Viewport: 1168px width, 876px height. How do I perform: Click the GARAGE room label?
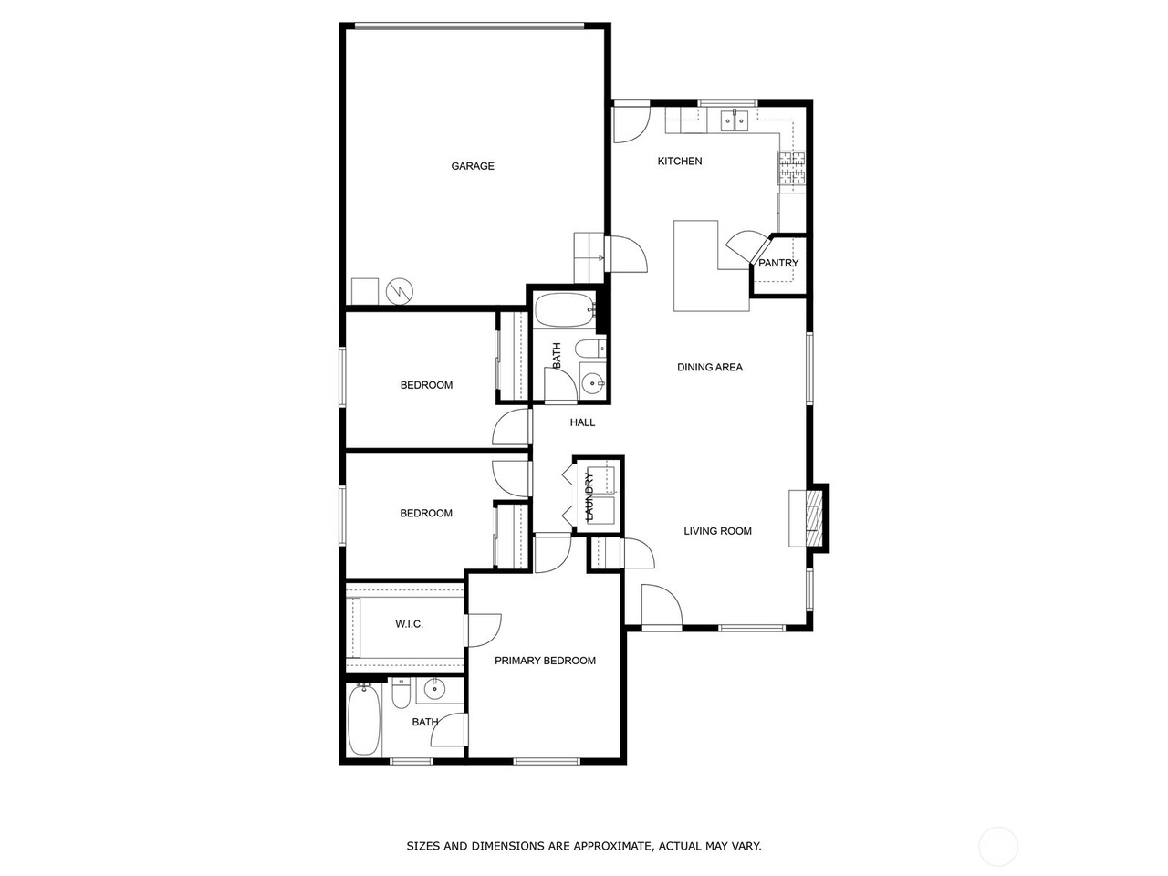(x=473, y=166)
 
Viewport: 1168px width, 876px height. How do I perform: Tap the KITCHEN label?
(x=680, y=162)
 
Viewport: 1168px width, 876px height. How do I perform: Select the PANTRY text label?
(x=778, y=264)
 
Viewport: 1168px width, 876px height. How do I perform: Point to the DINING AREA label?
(x=710, y=368)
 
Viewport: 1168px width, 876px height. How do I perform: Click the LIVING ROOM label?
(x=718, y=531)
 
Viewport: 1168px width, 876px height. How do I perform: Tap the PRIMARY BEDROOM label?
(x=545, y=661)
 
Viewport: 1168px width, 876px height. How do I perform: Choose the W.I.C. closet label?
(x=409, y=624)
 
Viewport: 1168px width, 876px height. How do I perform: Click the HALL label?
(x=582, y=422)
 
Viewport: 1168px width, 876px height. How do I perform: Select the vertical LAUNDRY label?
(x=589, y=497)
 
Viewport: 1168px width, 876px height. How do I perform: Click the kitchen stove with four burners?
(x=792, y=167)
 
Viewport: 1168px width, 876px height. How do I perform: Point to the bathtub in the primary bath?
(x=362, y=721)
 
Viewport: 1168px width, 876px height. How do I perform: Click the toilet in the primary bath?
(x=401, y=696)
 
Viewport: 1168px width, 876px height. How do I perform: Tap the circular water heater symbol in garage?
(x=400, y=291)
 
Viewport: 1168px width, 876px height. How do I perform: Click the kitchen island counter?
(x=698, y=274)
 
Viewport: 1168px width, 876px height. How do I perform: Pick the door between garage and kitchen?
(x=627, y=253)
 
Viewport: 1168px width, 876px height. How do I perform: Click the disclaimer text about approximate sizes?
(x=584, y=847)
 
